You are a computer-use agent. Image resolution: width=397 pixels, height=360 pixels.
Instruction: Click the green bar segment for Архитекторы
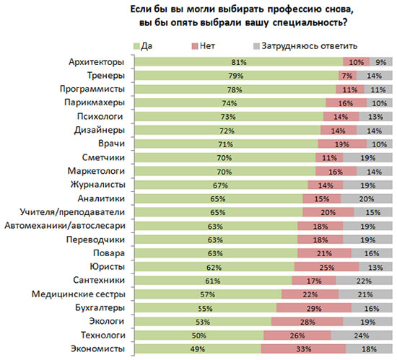coord(239,62)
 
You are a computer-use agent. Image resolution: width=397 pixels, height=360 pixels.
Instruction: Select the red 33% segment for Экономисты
coord(303,349)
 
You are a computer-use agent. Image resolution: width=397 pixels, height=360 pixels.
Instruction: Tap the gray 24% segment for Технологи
coord(362,335)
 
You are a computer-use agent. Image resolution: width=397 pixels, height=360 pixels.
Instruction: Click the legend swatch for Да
coord(136,46)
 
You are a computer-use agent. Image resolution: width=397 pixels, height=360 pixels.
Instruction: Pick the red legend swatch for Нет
coord(195,46)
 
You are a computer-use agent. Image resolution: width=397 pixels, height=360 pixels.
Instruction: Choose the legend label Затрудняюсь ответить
coord(310,46)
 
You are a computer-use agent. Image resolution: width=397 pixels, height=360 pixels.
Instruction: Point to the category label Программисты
coord(92,89)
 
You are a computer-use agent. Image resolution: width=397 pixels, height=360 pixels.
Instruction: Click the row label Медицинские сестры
coord(78,294)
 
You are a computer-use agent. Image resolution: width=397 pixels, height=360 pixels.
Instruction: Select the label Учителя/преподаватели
coord(72,212)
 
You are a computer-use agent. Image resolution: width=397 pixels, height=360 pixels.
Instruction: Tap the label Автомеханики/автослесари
coord(65,225)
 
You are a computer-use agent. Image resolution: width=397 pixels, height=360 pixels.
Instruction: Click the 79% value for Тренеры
coord(236,76)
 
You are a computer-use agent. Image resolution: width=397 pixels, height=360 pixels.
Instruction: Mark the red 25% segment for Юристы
coord(326,267)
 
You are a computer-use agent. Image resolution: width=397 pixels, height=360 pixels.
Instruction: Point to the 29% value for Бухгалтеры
coord(314,308)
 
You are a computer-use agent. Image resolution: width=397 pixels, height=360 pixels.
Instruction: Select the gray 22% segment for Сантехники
coord(364,281)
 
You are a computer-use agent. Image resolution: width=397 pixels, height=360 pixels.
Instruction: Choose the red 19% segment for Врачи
coord(342,144)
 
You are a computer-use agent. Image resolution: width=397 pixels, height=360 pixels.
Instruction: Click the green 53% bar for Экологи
coord(203,322)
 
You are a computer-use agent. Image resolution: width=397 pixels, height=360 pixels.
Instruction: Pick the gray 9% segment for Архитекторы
coord(381,62)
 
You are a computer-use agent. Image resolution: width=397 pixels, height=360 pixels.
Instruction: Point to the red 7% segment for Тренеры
coord(348,76)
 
